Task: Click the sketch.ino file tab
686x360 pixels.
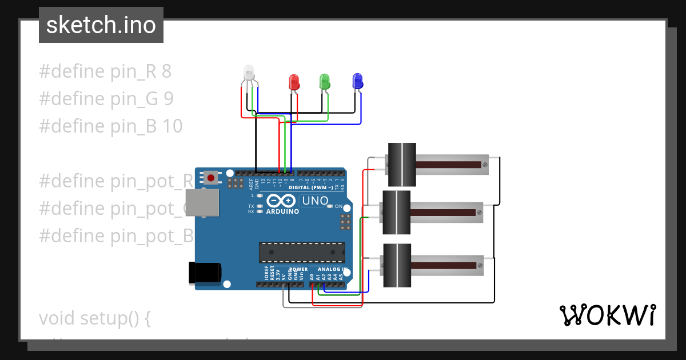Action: [x=101, y=25]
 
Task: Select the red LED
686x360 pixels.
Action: [x=294, y=82]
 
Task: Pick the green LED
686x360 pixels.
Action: [x=325, y=82]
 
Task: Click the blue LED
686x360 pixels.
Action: [x=357, y=81]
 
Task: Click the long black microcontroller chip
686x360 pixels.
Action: [x=302, y=252]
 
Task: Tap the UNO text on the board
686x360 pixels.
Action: [x=314, y=201]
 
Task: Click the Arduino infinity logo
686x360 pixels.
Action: [x=281, y=201]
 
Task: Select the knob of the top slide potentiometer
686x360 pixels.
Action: [x=401, y=165]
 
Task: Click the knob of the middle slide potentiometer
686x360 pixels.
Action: [x=396, y=213]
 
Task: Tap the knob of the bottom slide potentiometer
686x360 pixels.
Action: [x=396, y=265]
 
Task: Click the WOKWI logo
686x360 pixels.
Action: [x=607, y=315]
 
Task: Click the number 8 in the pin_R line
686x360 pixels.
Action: [x=166, y=71]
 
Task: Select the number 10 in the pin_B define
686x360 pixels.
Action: [x=173, y=126]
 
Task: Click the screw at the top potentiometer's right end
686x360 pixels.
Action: [x=485, y=165]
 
